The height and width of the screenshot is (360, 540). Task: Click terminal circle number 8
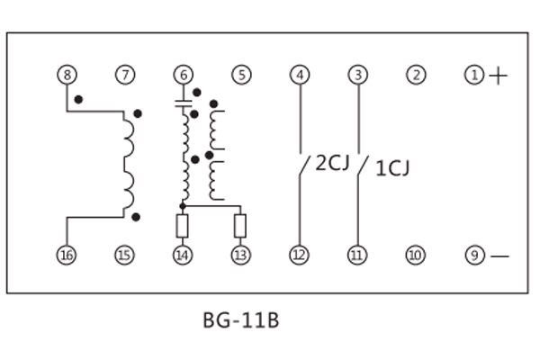[x=67, y=76]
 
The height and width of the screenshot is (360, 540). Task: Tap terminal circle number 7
[x=124, y=76]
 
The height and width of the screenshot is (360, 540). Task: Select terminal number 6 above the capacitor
[x=183, y=76]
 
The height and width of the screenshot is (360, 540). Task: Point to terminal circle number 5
[x=240, y=76]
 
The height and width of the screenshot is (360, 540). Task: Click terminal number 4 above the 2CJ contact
[x=299, y=76]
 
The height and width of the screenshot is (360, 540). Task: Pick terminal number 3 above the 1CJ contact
[x=357, y=76]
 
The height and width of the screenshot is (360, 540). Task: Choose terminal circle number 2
[x=415, y=76]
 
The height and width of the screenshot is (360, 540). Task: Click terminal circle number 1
[x=473, y=76]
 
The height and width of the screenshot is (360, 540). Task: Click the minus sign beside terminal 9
[x=499, y=256]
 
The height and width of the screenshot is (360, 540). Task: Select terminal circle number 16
[x=67, y=256]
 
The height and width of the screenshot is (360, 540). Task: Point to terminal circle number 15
[x=124, y=256]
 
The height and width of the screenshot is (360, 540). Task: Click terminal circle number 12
[x=299, y=256]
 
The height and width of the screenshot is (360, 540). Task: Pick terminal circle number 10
[x=415, y=256]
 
